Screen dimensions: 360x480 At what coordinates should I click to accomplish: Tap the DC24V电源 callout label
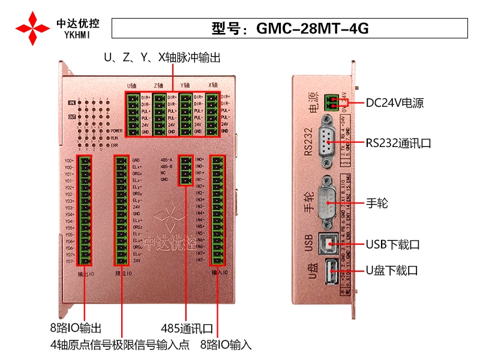click(x=395, y=103)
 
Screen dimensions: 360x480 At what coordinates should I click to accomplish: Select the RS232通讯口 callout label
click(x=398, y=143)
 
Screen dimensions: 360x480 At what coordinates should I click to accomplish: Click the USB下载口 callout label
click(x=392, y=245)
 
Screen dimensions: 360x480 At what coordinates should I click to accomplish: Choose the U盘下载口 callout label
click(x=392, y=271)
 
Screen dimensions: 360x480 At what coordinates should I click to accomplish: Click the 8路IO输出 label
click(x=76, y=329)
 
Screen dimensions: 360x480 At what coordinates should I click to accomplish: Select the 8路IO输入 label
click(x=226, y=345)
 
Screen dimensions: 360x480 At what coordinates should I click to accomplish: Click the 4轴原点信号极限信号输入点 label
click(x=120, y=345)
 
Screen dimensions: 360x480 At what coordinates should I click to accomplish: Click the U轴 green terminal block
click(x=133, y=114)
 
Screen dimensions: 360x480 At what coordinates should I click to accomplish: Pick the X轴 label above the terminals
click(x=213, y=85)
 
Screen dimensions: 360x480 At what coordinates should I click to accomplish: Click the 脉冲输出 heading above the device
click(x=162, y=58)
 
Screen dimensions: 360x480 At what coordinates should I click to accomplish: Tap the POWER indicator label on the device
click(x=116, y=130)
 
